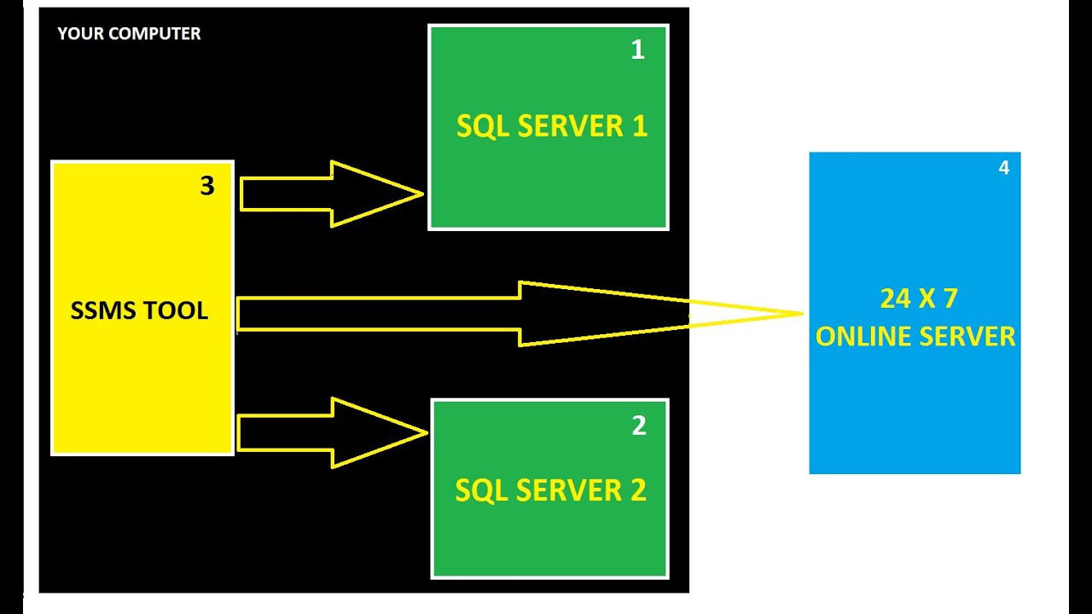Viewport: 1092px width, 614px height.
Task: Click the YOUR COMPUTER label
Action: pyautogui.click(x=129, y=34)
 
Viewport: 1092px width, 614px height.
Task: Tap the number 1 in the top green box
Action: pyautogui.click(x=637, y=50)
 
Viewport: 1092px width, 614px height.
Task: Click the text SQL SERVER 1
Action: pyautogui.click(x=552, y=126)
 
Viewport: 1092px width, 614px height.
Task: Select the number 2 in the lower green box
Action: pyautogui.click(x=639, y=426)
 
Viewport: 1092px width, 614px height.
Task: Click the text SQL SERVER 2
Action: pyautogui.click(x=550, y=490)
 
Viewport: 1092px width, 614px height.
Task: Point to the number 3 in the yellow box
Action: pyautogui.click(x=207, y=186)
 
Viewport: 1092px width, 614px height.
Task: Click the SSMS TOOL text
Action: pyautogui.click(x=139, y=310)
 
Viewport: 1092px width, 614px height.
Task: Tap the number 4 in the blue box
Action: pyautogui.click(x=1004, y=168)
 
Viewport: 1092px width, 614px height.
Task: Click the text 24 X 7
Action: pyautogui.click(x=919, y=298)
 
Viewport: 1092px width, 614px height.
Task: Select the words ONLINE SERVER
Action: pyautogui.click(x=915, y=336)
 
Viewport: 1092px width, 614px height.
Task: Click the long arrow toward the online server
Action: pyautogui.click(x=512, y=314)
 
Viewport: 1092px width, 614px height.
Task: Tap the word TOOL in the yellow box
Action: pyautogui.click(x=177, y=310)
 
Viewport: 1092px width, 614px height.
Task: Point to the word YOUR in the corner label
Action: pyautogui.click(x=79, y=34)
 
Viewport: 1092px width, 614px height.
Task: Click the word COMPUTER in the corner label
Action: pyautogui.click(x=154, y=34)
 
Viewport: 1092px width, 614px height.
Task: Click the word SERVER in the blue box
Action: pyautogui.click(x=969, y=336)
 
